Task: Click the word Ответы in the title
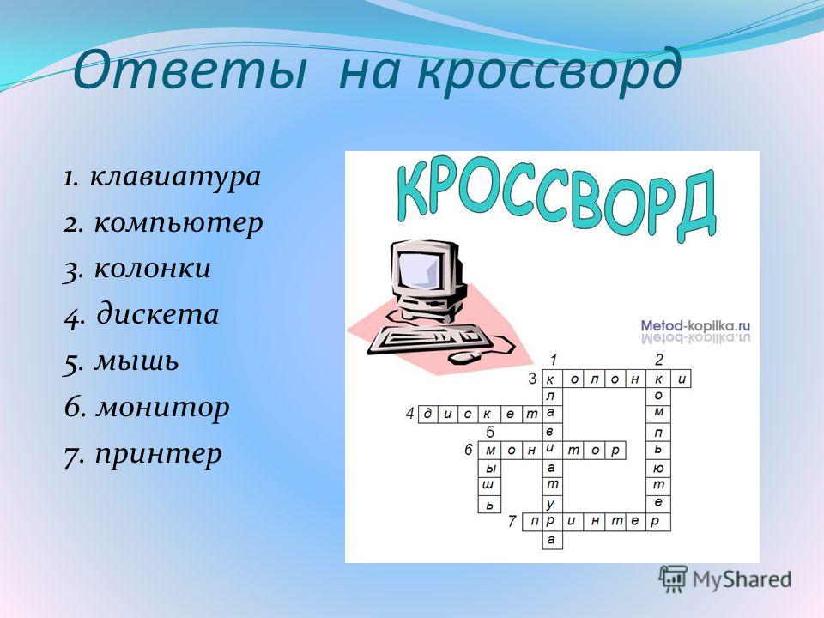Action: click(190, 70)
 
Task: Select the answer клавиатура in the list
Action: click(175, 176)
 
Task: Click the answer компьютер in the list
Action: click(179, 223)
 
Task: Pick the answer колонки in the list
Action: click(153, 268)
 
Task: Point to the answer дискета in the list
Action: click(158, 314)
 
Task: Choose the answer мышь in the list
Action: click(136, 361)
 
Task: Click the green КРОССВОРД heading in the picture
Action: click(556, 200)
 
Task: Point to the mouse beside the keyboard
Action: click(464, 357)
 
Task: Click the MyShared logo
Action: click(725, 579)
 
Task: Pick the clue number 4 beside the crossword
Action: click(410, 414)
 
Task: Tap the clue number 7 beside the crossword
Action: click(512, 522)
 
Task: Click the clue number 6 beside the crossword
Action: click(469, 450)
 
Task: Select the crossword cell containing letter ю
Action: click(658, 468)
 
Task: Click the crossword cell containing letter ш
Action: click(488, 486)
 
